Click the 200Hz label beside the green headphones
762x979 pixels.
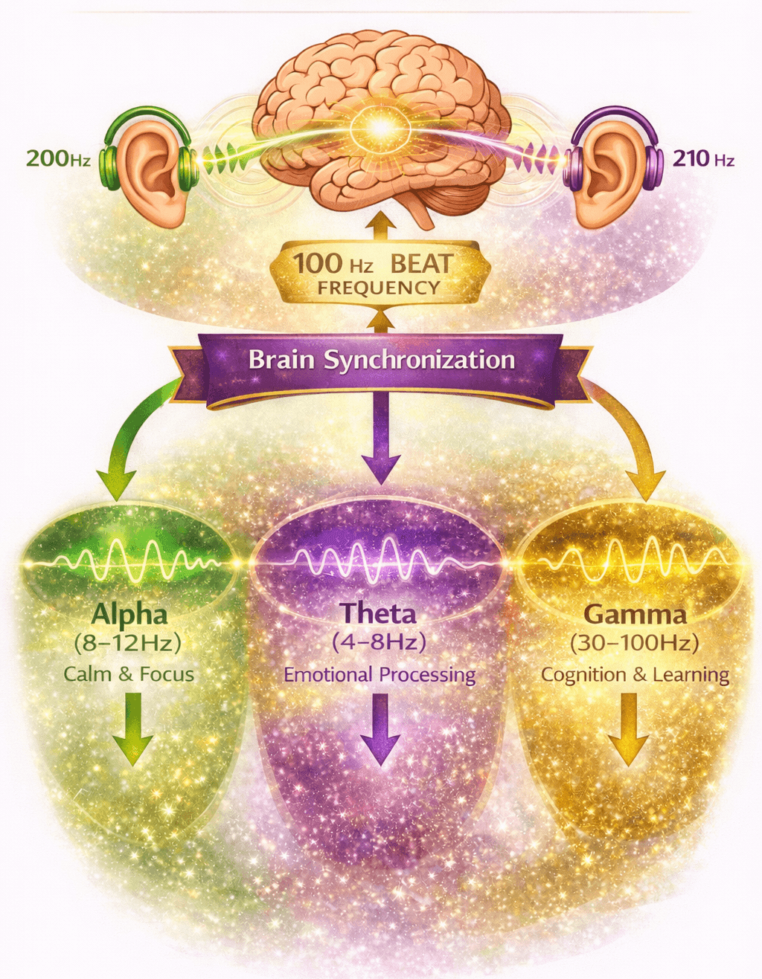point(58,158)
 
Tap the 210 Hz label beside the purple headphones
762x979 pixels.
point(703,158)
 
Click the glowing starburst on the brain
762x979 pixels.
point(380,129)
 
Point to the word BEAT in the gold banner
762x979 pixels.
point(421,264)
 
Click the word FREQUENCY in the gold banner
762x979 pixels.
point(380,288)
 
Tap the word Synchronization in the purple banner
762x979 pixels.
point(420,361)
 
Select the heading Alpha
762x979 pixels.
point(129,615)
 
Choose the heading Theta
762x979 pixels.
point(378,614)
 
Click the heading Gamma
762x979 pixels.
point(635,615)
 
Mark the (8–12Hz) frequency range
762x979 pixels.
point(128,642)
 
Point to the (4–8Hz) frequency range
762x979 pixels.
point(380,642)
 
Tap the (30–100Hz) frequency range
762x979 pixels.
point(635,643)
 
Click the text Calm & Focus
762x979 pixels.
point(129,674)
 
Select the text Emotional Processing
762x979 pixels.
point(380,675)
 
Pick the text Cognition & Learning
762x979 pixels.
point(635,675)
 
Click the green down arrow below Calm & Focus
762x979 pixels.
point(132,728)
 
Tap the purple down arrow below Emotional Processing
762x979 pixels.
point(380,728)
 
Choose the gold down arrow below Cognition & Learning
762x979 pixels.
point(629,728)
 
